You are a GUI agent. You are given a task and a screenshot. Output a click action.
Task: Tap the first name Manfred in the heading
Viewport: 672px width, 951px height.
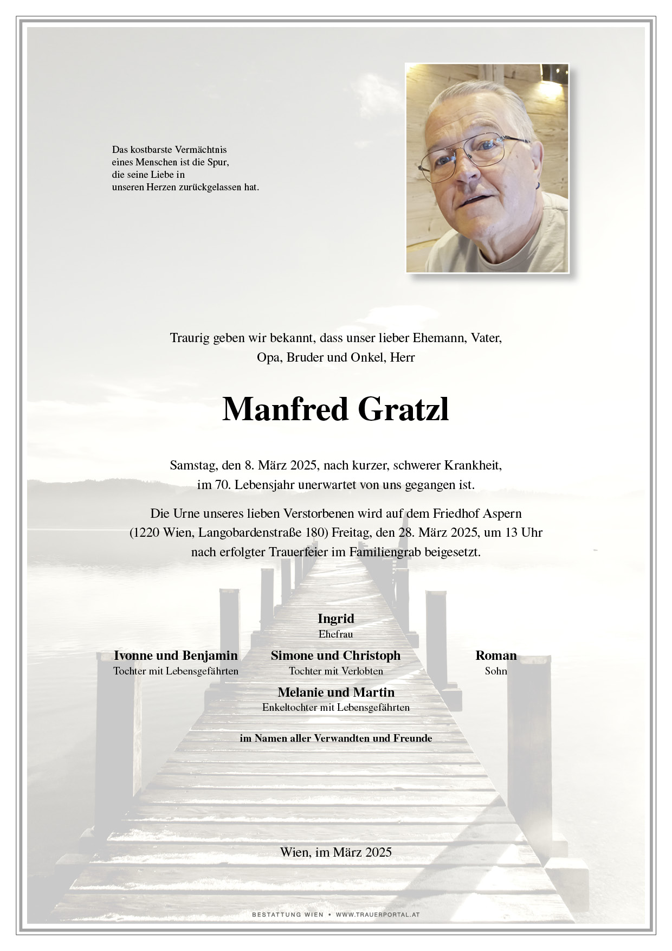point(285,410)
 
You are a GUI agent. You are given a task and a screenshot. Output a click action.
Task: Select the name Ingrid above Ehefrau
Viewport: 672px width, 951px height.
point(336,619)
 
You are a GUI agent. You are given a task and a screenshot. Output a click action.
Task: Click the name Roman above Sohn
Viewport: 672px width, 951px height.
point(496,656)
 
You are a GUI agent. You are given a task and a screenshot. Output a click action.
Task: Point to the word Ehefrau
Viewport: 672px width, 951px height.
point(336,634)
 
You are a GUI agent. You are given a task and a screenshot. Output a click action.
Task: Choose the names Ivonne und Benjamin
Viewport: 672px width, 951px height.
point(176,656)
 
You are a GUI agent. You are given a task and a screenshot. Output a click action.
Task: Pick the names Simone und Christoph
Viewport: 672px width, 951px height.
point(336,656)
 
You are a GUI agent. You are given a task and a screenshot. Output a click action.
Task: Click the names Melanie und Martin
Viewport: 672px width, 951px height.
point(336,692)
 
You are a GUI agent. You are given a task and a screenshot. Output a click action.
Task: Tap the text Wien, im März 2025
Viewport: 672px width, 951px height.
point(336,852)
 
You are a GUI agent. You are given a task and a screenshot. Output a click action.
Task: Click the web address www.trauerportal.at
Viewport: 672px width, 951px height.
point(378,915)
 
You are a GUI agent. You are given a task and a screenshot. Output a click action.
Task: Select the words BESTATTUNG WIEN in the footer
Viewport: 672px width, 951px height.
point(287,915)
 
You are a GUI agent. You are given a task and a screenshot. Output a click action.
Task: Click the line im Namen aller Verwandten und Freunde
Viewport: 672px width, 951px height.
point(336,738)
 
